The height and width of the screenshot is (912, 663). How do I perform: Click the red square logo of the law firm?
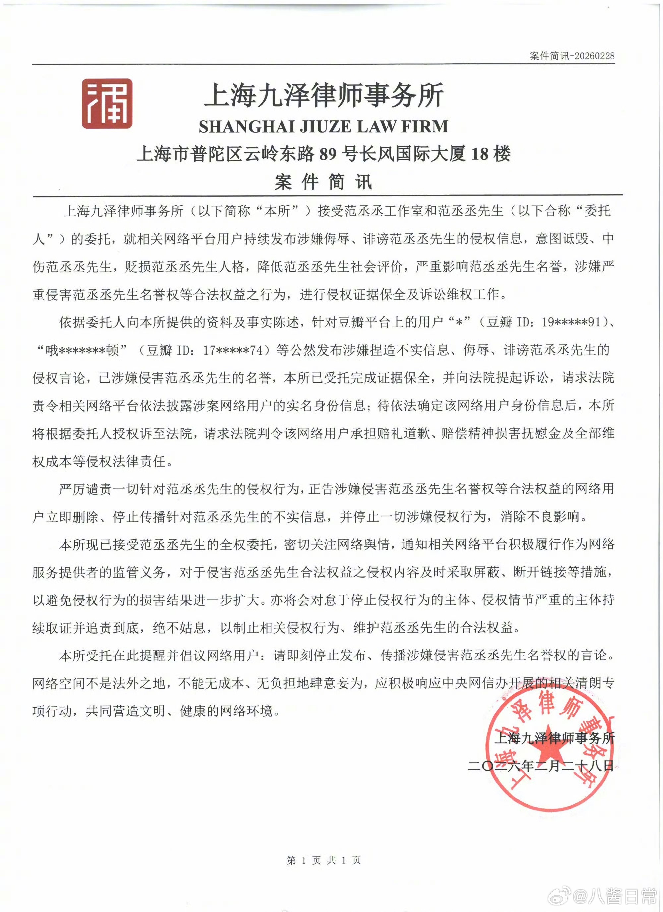tap(107, 103)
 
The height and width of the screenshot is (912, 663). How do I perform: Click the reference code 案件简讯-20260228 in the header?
tap(572, 56)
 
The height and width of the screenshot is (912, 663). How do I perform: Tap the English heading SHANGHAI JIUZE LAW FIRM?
tap(323, 126)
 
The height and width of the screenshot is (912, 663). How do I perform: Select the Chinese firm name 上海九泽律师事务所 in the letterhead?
tap(324, 96)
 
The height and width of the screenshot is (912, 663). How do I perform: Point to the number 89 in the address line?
tap(328, 154)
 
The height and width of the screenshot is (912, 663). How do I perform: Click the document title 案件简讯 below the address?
tap(323, 182)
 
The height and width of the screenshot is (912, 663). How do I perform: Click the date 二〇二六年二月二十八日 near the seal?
tap(541, 765)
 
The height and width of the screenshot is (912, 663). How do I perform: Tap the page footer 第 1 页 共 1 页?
tap(324, 860)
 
